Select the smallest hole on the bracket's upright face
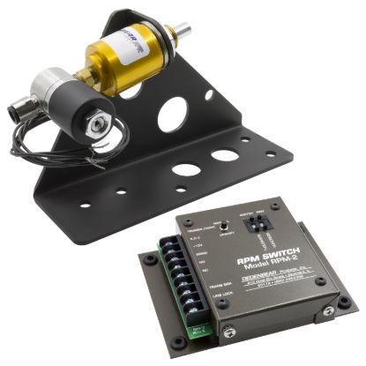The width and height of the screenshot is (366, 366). (209, 94)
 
